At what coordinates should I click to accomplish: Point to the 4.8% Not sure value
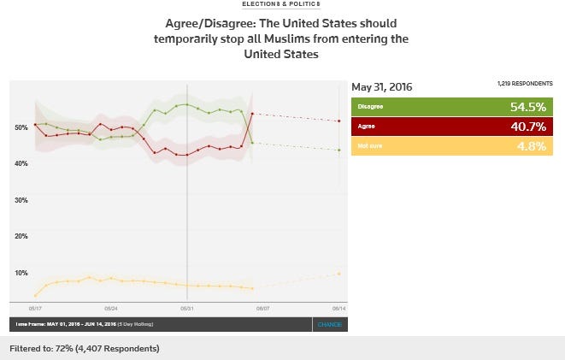point(531,146)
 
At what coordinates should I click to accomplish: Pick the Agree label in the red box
point(365,127)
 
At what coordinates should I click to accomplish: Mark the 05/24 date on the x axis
point(111,306)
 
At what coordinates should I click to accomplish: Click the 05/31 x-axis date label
point(187,306)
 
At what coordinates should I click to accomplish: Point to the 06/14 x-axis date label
point(339,306)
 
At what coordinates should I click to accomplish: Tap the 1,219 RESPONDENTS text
point(524,84)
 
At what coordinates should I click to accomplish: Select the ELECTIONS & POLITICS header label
point(282,4)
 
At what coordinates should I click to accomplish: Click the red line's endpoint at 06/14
point(339,121)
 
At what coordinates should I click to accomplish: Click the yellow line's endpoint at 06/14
point(339,274)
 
